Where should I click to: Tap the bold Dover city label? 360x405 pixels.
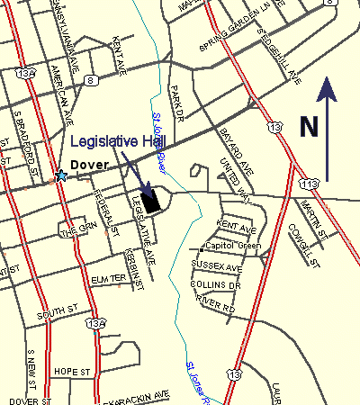91,166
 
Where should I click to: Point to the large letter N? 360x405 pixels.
310,125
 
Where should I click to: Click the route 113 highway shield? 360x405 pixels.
310,184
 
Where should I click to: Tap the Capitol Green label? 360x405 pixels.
233,245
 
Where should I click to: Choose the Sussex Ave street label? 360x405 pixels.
217,267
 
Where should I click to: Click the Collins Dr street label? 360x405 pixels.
215,285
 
